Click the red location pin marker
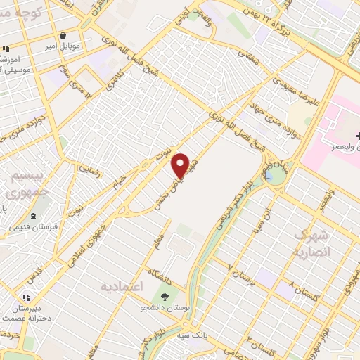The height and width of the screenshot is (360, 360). coord(181,166)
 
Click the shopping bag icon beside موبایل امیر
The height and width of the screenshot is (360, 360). coord(63,36)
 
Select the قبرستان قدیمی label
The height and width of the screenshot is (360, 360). coord(36,227)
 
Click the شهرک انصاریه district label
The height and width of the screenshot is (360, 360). coord(309,243)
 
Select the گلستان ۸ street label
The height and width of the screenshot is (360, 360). coord(302,292)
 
